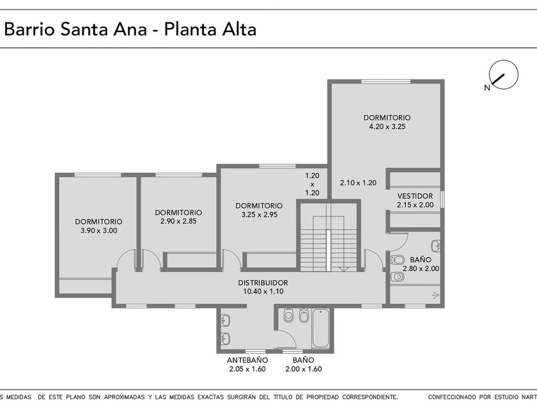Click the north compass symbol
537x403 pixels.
[503, 75]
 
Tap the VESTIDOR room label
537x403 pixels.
[415, 196]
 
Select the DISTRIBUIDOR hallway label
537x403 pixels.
[263, 283]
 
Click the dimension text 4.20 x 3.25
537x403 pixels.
[387, 127]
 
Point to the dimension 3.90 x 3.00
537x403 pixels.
[98, 231]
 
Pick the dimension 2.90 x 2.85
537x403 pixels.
[178, 221]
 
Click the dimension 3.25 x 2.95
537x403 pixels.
[260, 215]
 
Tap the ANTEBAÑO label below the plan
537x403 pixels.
[247, 360]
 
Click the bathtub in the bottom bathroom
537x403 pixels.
[321, 328]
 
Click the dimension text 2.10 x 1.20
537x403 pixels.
[358, 183]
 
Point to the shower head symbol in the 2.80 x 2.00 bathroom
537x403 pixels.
[435, 294]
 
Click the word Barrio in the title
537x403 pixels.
[29, 29]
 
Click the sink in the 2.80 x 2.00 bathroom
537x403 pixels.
[435, 246]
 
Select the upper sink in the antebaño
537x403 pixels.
[225, 320]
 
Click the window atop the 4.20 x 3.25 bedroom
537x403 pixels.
[386, 82]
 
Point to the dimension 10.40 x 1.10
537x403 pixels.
[263, 292]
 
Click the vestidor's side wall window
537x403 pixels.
[442, 199]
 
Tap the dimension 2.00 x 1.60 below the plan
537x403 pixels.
[304, 369]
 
